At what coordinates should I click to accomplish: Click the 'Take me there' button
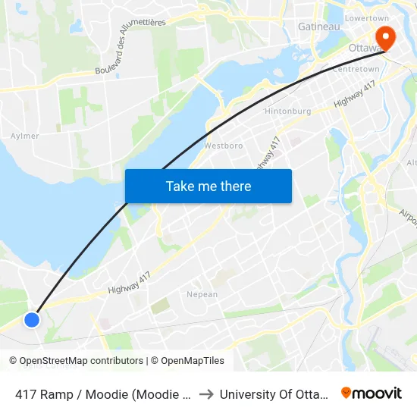pyautogui.click(x=208, y=186)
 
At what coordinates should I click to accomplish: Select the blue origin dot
pyautogui.click(x=31, y=320)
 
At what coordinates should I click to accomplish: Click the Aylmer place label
pyautogui.click(x=25, y=136)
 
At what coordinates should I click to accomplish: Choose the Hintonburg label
pyautogui.click(x=287, y=111)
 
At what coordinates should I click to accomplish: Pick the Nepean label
pyautogui.click(x=202, y=294)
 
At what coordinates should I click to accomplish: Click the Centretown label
pyautogui.click(x=356, y=69)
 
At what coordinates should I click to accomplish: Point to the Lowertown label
pyautogui.click(x=366, y=17)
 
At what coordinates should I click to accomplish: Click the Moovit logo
pyautogui.click(x=372, y=393)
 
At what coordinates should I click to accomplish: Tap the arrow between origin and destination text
pyautogui.click(x=205, y=394)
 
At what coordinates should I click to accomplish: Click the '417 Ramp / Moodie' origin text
pyautogui.click(x=102, y=394)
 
